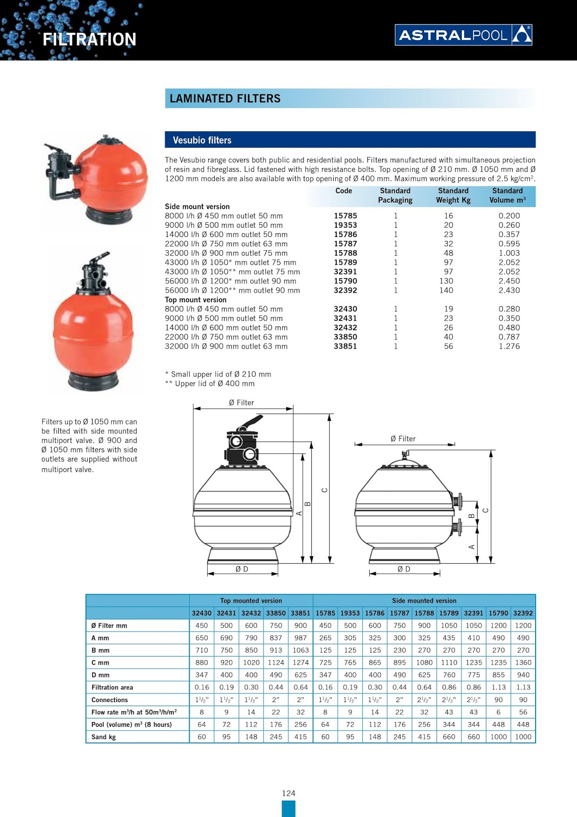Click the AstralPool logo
pyautogui.click(x=463, y=35)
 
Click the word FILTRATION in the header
pyautogui.click(x=89, y=39)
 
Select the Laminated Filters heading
pyautogui.click(x=225, y=99)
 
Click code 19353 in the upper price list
pyautogui.click(x=345, y=225)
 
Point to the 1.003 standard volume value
pyautogui.click(x=509, y=253)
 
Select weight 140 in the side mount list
pyautogui.click(x=446, y=290)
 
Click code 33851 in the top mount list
pyautogui.click(x=345, y=346)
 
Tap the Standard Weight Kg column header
pyautogui.click(x=453, y=196)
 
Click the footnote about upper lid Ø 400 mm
pyautogui.click(x=210, y=383)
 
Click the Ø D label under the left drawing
pyautogui.click(x=242, y=569)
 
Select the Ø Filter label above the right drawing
pyautogui.click(x=403, y=439)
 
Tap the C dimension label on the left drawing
pyautogui.click(x=324, y=490)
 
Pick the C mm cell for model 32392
pyautogui.click(x=523, y=662)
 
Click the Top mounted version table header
pyautogui.click(x=250, y=600)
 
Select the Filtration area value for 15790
pyautogui.click(x=498, y=687)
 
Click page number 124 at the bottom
pyautogui.click(x=288, y=793)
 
